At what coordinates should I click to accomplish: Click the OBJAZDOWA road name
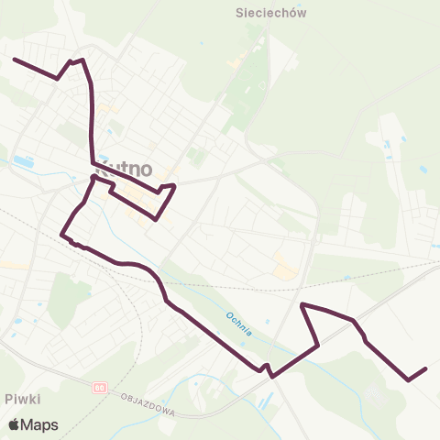[149, 405]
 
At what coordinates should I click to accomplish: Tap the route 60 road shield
[98, 388]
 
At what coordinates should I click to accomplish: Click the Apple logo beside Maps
[14, 425]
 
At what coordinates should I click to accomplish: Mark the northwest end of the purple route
[14, 59]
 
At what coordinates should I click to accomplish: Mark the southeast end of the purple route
[426, 368]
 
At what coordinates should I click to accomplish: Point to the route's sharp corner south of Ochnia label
[270, 375]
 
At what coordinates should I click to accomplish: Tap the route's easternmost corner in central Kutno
[174, 186]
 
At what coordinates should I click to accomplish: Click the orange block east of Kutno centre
[285, 267]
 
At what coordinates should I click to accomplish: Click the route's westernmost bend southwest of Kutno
[61, 235]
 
